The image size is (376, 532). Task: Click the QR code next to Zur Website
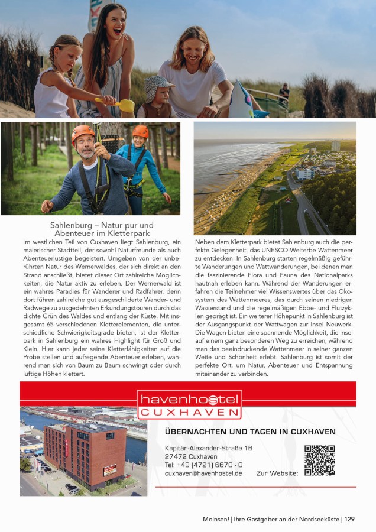[x=319, y=460]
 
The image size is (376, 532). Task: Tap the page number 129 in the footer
[x=349, y=519]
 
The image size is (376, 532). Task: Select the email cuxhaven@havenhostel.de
[x=203, y=473]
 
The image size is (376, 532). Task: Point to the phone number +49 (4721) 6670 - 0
[x=203, y=465]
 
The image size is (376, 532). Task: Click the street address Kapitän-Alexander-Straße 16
[x=209, y=448]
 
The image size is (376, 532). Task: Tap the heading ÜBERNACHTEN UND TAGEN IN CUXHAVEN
[x=250, y=432]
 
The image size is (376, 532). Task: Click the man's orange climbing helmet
[x=83, y=132]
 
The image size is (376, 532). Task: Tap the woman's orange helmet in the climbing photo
[x=141, y=131]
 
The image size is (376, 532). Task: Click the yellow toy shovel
[x=124, y=105]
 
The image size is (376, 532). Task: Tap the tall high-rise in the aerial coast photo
[x=335, y=145]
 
